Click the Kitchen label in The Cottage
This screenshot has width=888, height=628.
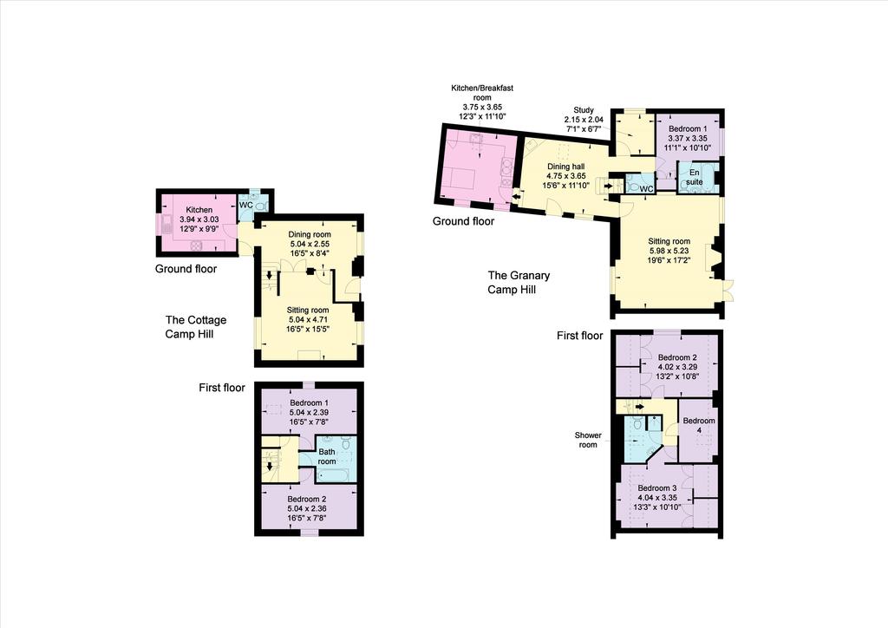(x=199, y=210)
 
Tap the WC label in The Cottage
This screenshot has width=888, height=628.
(x=245, y=205)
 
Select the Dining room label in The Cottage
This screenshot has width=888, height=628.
(x=310, y=234)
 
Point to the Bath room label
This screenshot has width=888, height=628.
(x=327, y=456)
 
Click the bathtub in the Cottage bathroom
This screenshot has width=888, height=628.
(x=334, y=474)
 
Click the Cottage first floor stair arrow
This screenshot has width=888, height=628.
(x=270, y=466)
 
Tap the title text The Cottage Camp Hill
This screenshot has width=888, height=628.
(x=195, y=327)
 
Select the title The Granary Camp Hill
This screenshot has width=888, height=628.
(x=519, y=282)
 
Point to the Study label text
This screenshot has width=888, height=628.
(x=584, y=110)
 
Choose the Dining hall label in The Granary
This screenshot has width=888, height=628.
(x=565, y=167)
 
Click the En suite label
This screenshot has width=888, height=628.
(x=695, y=177)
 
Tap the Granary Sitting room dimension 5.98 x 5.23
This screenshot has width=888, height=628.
(x=669, y=251)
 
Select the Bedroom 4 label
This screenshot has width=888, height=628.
(x=699, y=425)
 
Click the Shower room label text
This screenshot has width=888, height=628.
(x=588, y=440)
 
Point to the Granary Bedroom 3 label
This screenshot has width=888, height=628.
(x=657, y=488)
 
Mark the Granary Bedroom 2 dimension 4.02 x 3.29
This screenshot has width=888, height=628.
(x=677, y=367)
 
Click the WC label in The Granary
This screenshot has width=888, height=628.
(x=646, y=188)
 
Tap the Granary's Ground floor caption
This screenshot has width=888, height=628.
(x=463, y=221)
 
